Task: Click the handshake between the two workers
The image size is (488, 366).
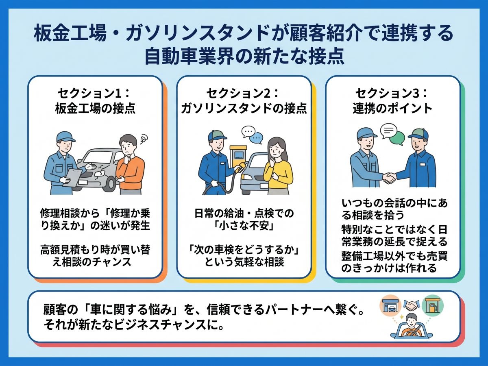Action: tap(389, 178)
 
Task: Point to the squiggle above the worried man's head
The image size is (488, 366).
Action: tap(144, 139)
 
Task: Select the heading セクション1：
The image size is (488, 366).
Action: tap(94, 94)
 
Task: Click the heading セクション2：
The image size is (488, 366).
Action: tap(243, 94)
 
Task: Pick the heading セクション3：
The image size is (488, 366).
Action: tap(392, 94)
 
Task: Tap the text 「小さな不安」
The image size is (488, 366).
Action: tap(244, 226)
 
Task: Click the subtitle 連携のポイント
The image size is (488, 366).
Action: tap(392, 109)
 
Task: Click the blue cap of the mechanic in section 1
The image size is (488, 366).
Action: tap(65, 137)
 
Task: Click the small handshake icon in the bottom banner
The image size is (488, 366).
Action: tap(412, 305)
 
